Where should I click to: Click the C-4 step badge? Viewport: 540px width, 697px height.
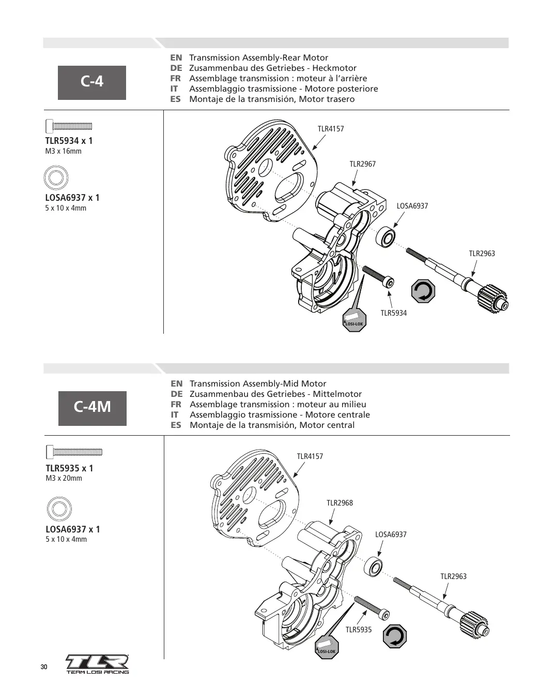click(x=92, y=82)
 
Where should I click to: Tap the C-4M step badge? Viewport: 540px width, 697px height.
click(x=92, y=408)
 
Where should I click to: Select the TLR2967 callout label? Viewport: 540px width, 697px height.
click(x=362, y=164)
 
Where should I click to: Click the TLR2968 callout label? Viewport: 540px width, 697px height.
click(x=340, y=502)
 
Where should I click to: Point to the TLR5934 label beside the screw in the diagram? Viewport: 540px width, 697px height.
click(x=393, y=313)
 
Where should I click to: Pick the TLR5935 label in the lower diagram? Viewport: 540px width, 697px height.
click(x=359, y=629)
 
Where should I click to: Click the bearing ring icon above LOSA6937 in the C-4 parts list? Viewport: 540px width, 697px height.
click(x=56, y=177)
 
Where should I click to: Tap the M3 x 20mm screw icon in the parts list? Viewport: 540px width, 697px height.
click(x=74, y=452)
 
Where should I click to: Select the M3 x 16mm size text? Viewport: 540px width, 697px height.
click(x=64, y=151)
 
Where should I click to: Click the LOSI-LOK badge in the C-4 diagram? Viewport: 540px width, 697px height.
click(x=354, y=320)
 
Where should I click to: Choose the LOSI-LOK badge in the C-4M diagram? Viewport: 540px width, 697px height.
click(x=327, y=647)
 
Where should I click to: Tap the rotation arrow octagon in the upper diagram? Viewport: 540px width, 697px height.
click(x=423, y=291)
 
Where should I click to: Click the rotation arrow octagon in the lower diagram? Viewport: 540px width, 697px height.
click(x=395, y=636)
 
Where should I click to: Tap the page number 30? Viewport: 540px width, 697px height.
click(x=44, y=667)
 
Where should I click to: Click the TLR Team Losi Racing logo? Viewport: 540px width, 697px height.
click(x=97, y=664)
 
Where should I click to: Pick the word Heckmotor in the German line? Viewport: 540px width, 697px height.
click(x=334, y=68)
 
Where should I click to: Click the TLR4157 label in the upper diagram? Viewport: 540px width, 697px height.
click(x=331, y=129)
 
